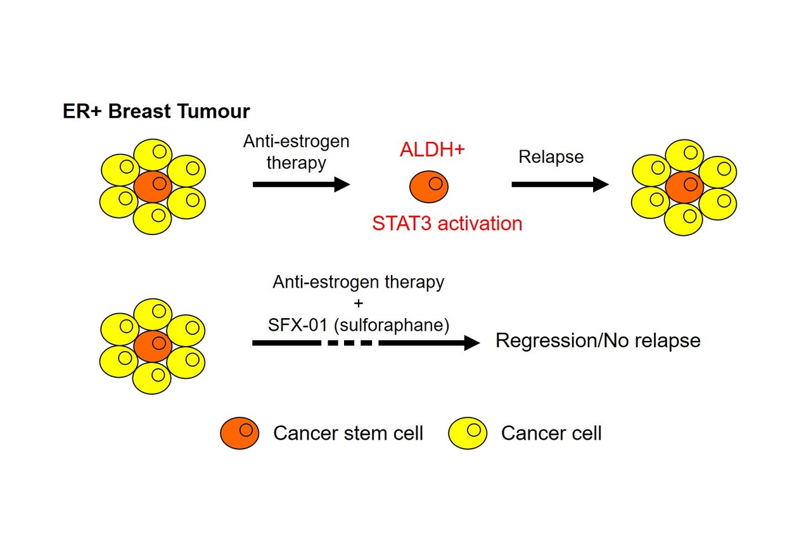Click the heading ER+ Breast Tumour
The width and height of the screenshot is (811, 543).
click(x=156, y=112)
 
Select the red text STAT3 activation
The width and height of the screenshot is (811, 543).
click(x=447, y=223)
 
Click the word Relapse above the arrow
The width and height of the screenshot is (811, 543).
click(x=551, y=157)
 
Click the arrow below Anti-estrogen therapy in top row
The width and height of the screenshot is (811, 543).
click(x=301, y=184)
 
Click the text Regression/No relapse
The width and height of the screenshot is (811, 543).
click(x=597, y=341)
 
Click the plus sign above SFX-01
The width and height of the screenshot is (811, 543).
click(x=359, y=303)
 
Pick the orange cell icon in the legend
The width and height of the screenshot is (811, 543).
click(x=239, y=433)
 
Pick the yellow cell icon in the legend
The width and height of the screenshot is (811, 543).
click(x=468, y=433)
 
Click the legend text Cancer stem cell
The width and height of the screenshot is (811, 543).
click(x=348, y=433)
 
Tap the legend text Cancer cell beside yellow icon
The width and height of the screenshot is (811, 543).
click(x=551, y=433)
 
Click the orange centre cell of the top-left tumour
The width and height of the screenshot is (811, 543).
click(x=153, y=187)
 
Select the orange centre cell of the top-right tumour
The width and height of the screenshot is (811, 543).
click(x=684, y=187)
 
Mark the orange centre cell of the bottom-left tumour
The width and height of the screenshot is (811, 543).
click(x=153, y=346)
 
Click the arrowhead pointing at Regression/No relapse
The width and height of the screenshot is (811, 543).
click(x=472, y=343)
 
